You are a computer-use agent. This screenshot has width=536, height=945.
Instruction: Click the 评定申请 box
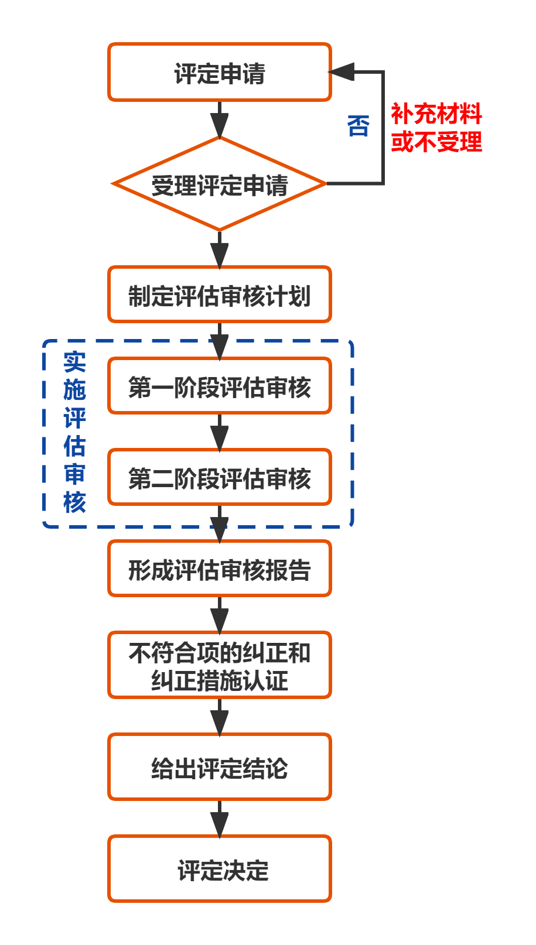(x=220, y=73)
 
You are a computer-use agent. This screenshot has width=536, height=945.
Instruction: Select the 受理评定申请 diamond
(x=220, y=184)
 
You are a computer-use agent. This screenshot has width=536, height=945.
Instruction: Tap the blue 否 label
(x=359, y=126)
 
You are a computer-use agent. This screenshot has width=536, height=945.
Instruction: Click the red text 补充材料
(x=436, y=114)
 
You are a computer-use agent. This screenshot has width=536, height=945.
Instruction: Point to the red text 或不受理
(x=436, y=142)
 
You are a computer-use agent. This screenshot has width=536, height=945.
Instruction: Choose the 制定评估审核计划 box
(x=220, y=295)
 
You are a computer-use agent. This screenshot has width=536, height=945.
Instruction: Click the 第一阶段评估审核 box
(x=220, y=386)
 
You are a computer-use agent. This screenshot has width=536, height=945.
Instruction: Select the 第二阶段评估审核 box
(x=220, y=478)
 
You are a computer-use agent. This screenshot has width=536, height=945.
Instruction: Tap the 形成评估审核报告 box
(x=220, y=569)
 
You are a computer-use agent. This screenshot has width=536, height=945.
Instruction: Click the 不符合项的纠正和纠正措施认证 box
(x=220, y=666)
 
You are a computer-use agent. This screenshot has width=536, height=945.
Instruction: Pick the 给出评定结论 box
(x=220, y=768)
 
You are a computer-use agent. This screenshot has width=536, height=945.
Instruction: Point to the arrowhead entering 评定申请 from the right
(x=342, y=72)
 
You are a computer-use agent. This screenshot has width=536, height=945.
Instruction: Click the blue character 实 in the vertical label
(x=74, y=362)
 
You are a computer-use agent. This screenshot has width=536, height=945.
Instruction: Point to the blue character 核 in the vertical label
(x=74, y=502)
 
